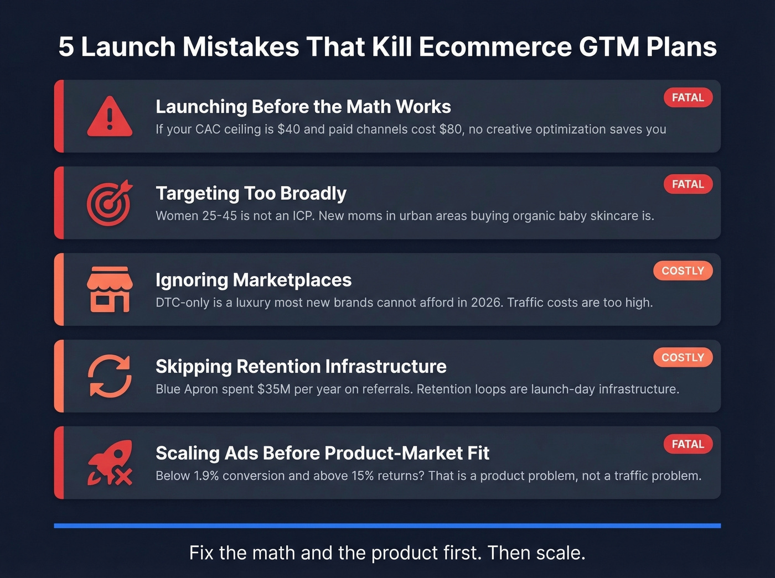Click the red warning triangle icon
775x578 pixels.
[x=110, y=117]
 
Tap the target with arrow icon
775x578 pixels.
[x=110, y=203]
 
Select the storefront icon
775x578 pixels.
[x=110, y=289]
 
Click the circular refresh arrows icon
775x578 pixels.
[x=110, y=376]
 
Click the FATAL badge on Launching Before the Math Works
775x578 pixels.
[x=688, y=98]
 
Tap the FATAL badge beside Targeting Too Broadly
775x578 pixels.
[x=688, y=184]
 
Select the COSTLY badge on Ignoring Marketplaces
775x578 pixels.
[x=683, y=271]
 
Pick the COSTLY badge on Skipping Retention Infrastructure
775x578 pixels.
[x=683, y=357]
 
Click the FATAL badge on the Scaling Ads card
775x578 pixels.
[x=688, y=444]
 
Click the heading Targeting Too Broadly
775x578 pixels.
[x=251, y=194]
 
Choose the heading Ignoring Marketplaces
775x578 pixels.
[x=254, y=280]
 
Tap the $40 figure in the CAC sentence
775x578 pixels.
[x=288, y=129]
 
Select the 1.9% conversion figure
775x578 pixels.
[x=206, y=476]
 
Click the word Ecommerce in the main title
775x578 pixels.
[x=495, y=47]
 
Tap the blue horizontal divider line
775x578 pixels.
[x=387, y=525]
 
